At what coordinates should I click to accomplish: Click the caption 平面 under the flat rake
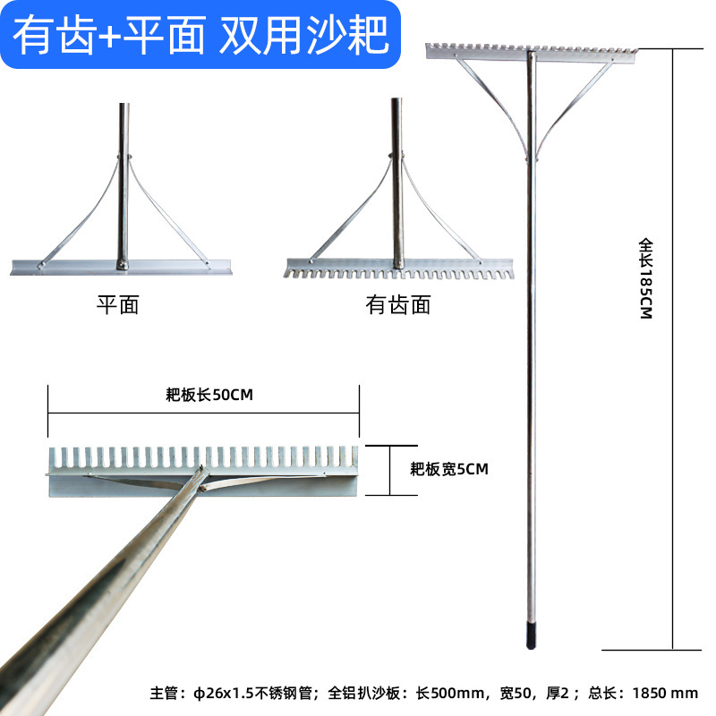(117, 305)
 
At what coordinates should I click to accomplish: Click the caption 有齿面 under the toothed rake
(398, 305)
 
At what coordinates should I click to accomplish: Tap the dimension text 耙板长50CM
(204, 395)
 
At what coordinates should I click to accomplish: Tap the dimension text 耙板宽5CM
(449, 468)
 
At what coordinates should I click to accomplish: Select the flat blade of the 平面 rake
(122, 266)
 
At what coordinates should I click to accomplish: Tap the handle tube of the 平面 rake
(120, 179)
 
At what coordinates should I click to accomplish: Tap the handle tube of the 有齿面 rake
(396, 179)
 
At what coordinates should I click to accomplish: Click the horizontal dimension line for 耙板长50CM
(204, 412)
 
